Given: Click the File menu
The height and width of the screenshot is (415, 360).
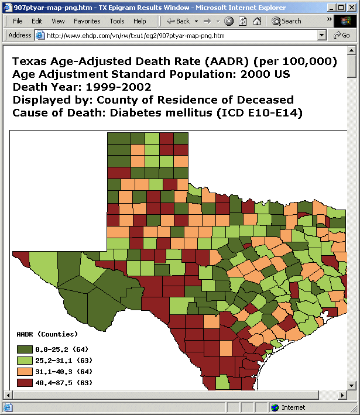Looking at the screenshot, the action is click(18, 21).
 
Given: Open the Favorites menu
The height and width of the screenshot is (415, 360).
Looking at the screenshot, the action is click(87, 21).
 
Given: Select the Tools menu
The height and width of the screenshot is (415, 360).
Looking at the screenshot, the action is click(117, 21).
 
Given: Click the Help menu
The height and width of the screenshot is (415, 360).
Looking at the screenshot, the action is click(139, 21).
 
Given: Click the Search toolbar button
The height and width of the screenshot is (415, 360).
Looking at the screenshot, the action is click(286, 21).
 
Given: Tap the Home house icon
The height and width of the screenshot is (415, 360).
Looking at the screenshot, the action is click(257, 21).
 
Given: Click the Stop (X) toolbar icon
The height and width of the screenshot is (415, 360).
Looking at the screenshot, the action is click(229, 21).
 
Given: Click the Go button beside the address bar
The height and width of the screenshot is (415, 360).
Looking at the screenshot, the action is click(342, 35).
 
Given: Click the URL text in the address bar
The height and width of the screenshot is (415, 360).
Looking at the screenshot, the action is click(136, 36).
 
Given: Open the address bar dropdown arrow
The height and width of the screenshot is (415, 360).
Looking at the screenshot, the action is click(321, 35).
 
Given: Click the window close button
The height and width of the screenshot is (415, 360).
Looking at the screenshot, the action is click(352, 8).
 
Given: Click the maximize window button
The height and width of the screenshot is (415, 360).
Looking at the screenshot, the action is click(341, 8).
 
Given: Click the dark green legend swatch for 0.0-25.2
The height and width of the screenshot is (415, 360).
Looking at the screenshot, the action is click(25, 349).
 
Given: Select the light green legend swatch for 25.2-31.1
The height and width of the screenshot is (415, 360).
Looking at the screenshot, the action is click(25, 361).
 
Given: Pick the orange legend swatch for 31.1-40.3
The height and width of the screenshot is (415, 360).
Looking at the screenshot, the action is click(25, 372).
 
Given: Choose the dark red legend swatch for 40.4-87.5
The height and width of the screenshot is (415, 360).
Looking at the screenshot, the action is click(25, 383).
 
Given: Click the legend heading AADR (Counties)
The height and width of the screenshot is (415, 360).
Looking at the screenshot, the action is click(47, 334).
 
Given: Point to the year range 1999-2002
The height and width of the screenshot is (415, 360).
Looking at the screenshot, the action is click(118, 87).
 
